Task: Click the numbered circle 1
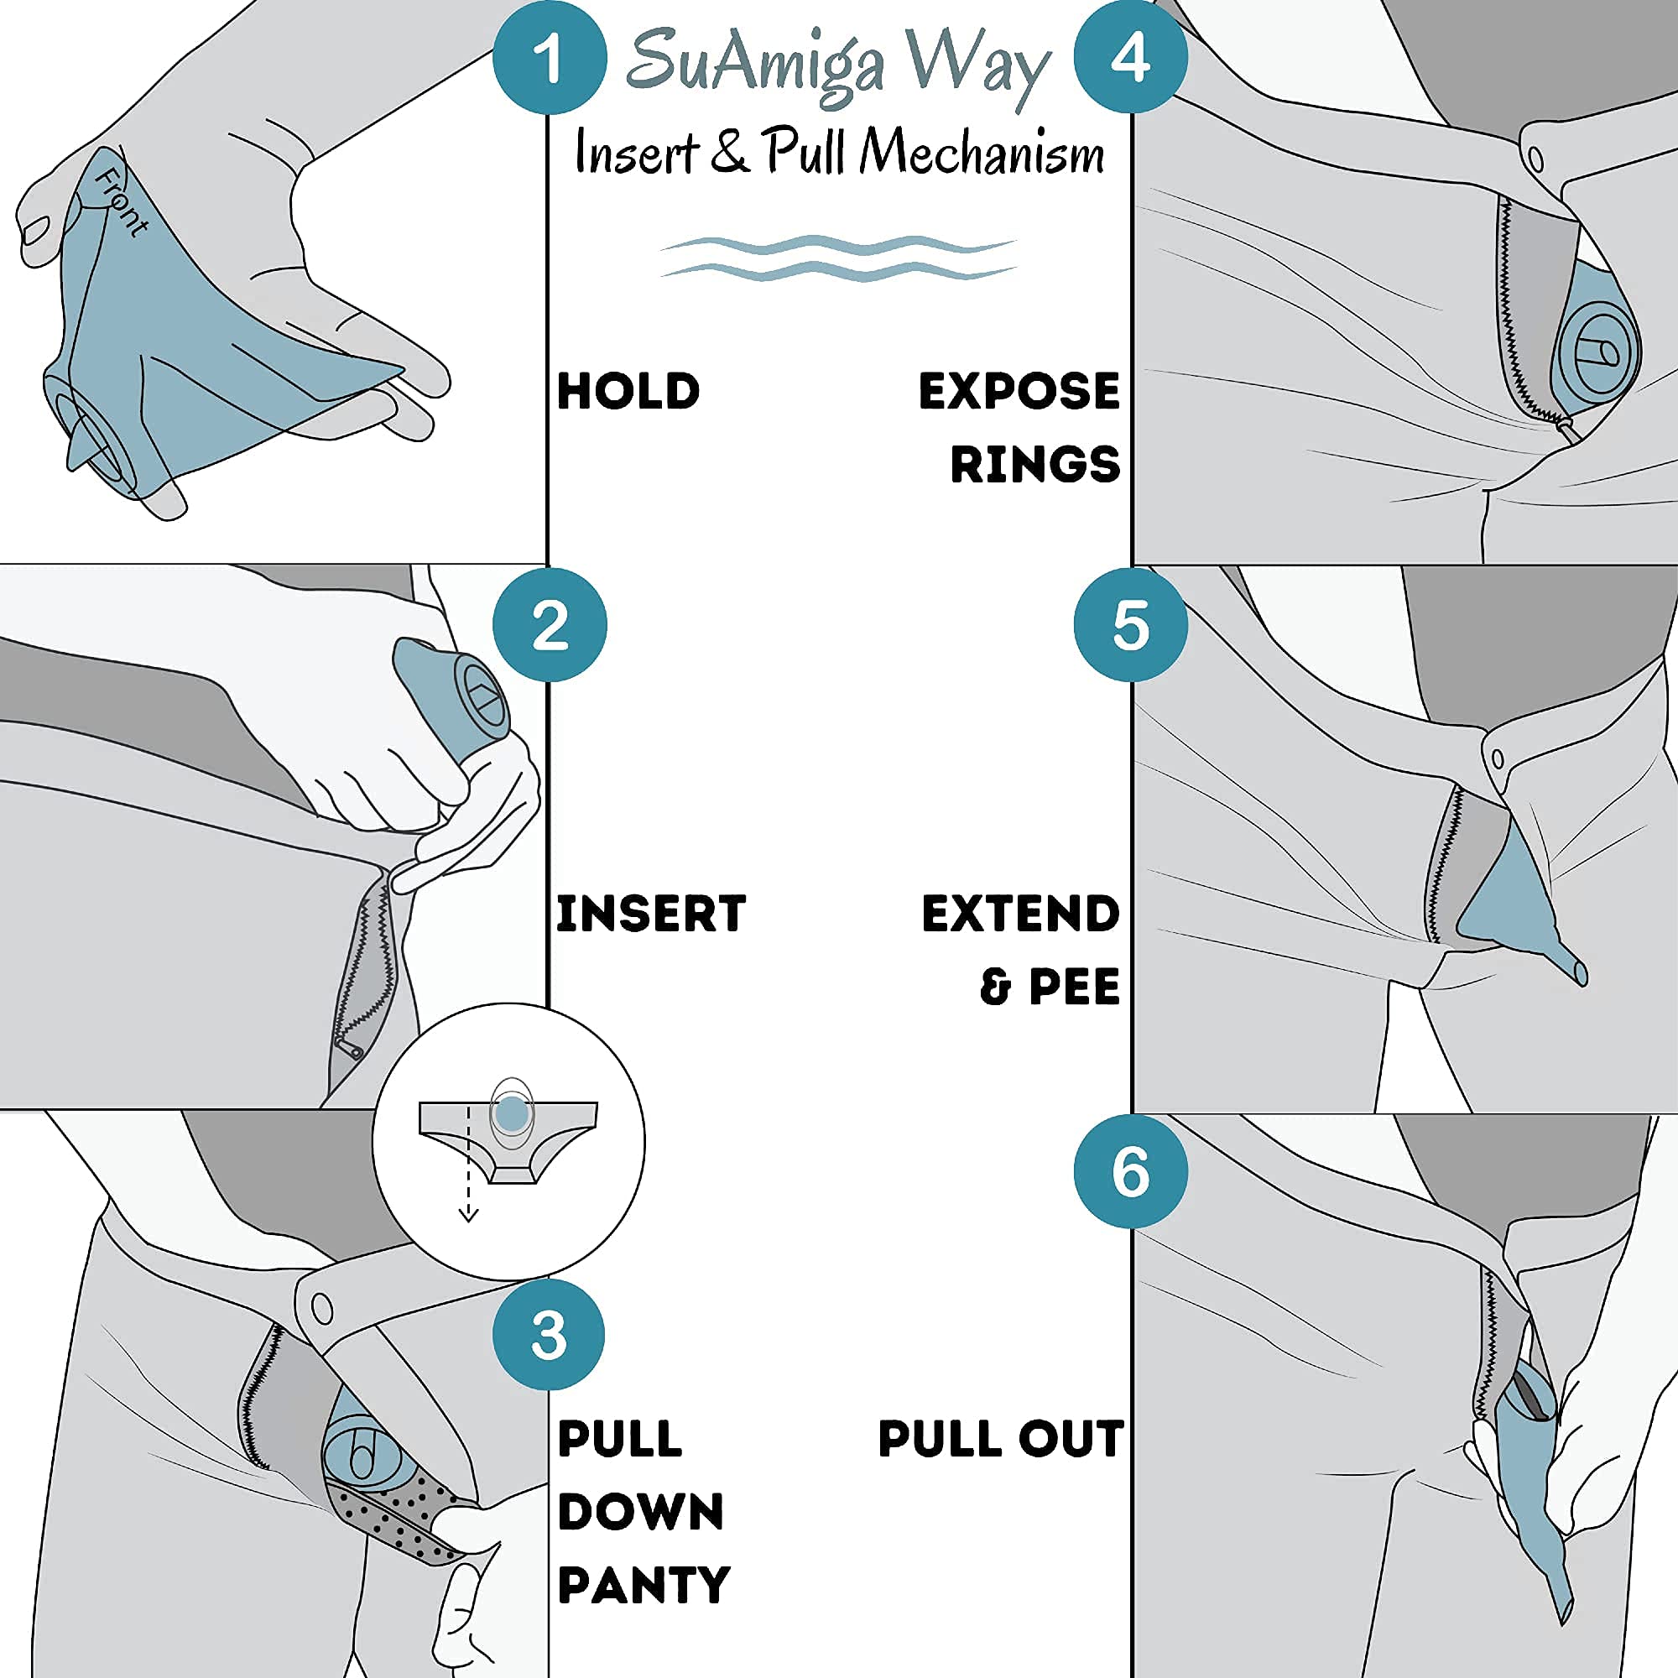[x=549, y=57]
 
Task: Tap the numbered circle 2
[x=549, y=624]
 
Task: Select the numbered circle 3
[x=549, y=1334]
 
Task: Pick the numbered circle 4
[x=1130, y=57]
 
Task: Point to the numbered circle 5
[x=1130, y=624]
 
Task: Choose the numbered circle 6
[x=1130, y=1171]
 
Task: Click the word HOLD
[x=628, y=391]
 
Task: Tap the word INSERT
[x=650, y=914]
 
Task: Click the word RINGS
[x=1034, y=464]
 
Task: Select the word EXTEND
[x=1020, y=914]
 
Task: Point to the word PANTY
[x=644, y=1585]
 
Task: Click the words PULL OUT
[x=1001, y=1438]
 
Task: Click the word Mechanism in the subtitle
[x=982, y=153]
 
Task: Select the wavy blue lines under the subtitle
[x=837, y=258]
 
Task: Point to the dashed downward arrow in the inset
[x=468, y=1164]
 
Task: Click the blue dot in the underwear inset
[x=512, y=1113]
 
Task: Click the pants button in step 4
[x=1535, y=159]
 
